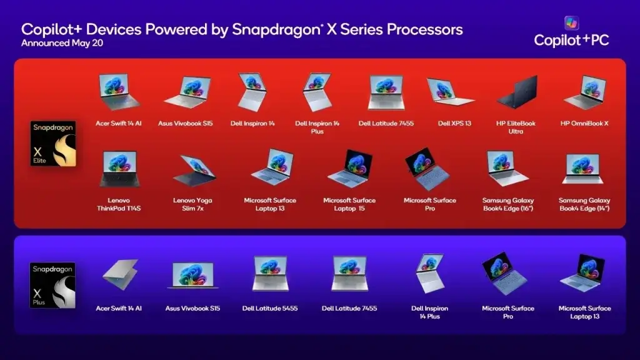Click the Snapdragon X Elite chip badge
53,143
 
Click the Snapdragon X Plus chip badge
52,285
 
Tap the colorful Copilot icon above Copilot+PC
571,23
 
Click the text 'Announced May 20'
62,43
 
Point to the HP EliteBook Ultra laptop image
517,92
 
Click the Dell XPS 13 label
454,123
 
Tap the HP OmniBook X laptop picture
584,92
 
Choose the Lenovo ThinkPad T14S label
119,204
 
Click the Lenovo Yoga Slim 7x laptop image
194,170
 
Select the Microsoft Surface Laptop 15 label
349,204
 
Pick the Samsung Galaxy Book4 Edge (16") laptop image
507,168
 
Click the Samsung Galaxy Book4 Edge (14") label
584,204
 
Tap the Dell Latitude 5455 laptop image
270,273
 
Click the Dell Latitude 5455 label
270,308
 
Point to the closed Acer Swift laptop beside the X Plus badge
120,274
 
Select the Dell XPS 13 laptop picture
450,92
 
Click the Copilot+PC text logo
571,40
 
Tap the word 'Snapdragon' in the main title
276,29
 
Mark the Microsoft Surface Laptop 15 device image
350,169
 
